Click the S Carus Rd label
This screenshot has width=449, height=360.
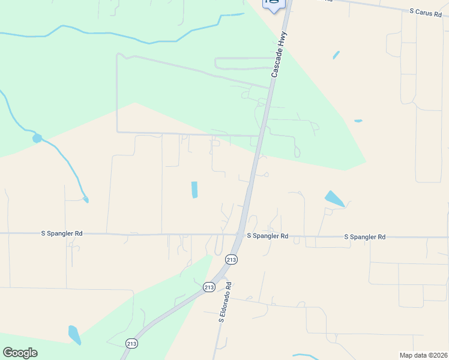430,11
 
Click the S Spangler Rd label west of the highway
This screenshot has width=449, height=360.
61,233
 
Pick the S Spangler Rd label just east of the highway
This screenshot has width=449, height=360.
268,236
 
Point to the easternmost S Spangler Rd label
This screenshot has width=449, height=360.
365,237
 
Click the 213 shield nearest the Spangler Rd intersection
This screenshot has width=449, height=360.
232,259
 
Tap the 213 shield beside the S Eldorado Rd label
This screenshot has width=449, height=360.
208,287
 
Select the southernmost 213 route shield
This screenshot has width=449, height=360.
132,343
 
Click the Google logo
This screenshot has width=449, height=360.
20,353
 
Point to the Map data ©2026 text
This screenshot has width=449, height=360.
423,355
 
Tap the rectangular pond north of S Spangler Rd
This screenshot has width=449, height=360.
194,190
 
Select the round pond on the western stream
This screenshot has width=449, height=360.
37,139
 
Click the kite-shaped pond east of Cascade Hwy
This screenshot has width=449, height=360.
334,199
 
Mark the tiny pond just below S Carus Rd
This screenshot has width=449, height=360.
336,55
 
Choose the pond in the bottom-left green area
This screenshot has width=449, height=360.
74,335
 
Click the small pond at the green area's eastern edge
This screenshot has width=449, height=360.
358,121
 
